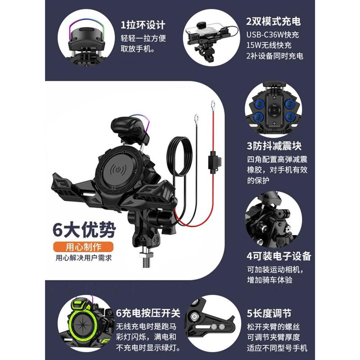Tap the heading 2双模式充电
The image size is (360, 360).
[273, 21]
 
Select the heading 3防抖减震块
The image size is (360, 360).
[274, 147]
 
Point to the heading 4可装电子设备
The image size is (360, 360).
[279, 256]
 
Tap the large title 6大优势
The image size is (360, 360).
[83, 230]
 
